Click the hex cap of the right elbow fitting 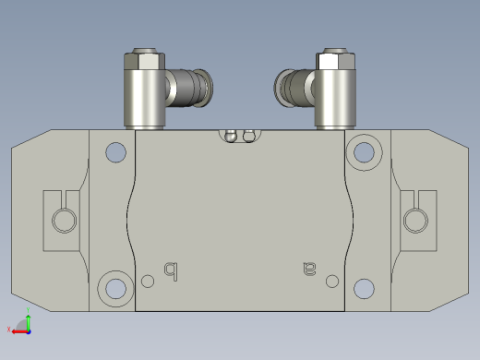click(335, 61)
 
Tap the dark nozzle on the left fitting click(191, 89)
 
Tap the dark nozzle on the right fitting click(290, 89)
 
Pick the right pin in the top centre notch click(247, 137)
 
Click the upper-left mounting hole click(116, 151)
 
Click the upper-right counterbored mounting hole click(364, 150)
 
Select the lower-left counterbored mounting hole click(115, 288)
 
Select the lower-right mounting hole click(364, 289)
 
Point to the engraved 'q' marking click(170, 270)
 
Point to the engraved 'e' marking click(309, 270)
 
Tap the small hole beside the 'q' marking click(149, 281)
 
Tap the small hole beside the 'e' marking click(331, 281)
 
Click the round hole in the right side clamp click(414, 221)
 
